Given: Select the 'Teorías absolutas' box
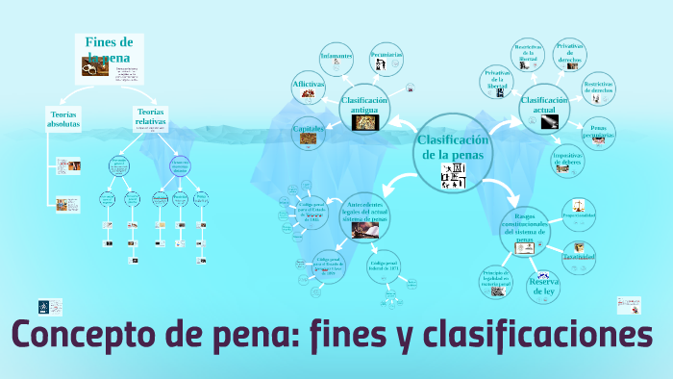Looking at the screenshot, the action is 63,120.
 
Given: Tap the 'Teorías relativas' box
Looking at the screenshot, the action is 150,118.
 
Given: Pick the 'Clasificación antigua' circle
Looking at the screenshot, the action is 363,109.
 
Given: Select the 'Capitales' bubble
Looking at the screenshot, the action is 308,133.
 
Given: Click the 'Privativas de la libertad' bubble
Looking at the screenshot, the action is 497,83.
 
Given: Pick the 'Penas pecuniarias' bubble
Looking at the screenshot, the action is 598,133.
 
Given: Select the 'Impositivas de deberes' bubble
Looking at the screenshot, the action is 566,160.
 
